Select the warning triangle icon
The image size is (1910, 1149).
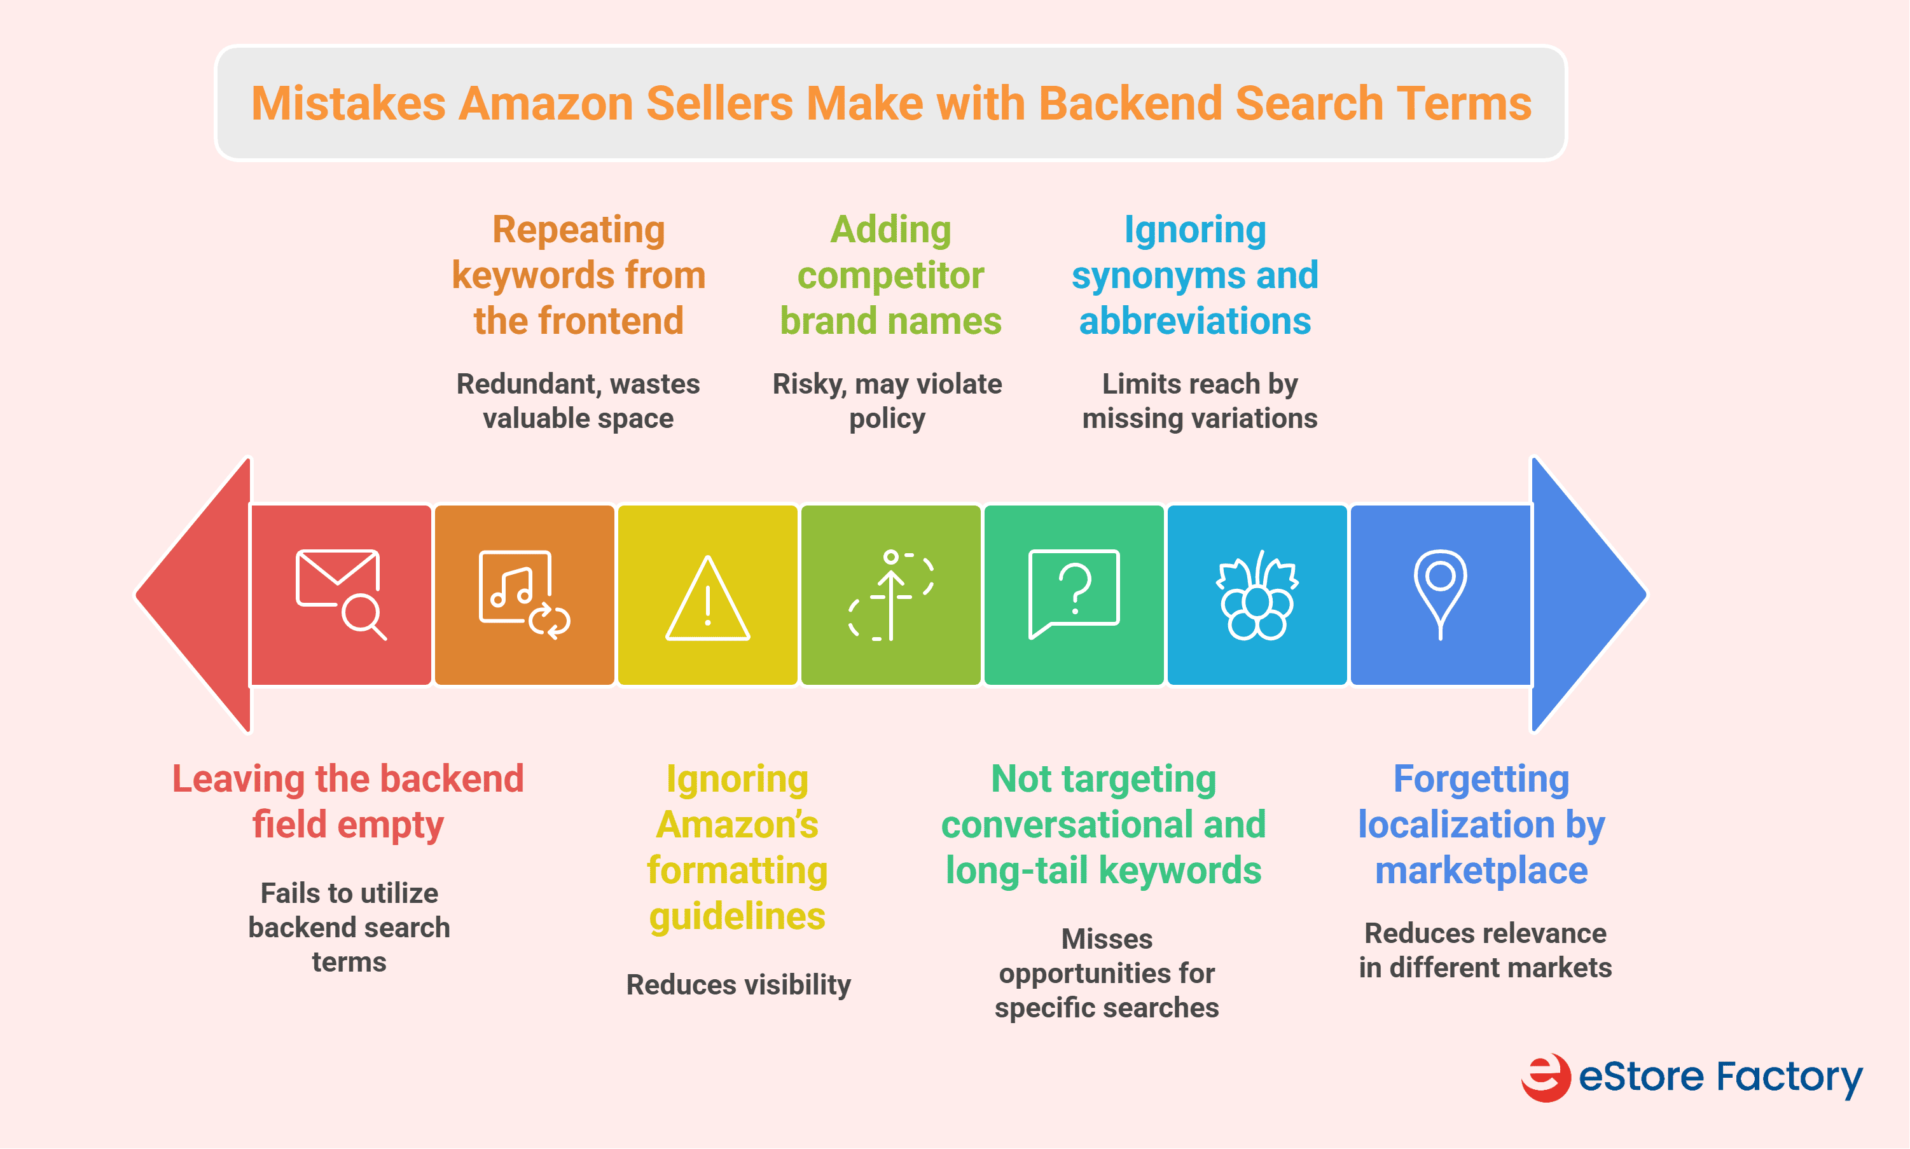coord(708,598)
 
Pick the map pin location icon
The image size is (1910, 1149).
coord(1440,593)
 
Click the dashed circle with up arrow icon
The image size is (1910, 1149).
coord(891,595)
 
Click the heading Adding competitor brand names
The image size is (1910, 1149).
coord(890,275)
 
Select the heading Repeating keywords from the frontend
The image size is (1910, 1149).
coord(578,275)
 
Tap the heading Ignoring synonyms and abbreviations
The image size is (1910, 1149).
coord(1194,275)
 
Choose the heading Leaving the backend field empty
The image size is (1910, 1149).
coord(348,801)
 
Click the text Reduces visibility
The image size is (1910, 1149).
coord(738,985)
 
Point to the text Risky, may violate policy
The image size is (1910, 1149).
coord(887,401)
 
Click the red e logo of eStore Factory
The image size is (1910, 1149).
coord(1546,1077)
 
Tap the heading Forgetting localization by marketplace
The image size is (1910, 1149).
coord(1481,825)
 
